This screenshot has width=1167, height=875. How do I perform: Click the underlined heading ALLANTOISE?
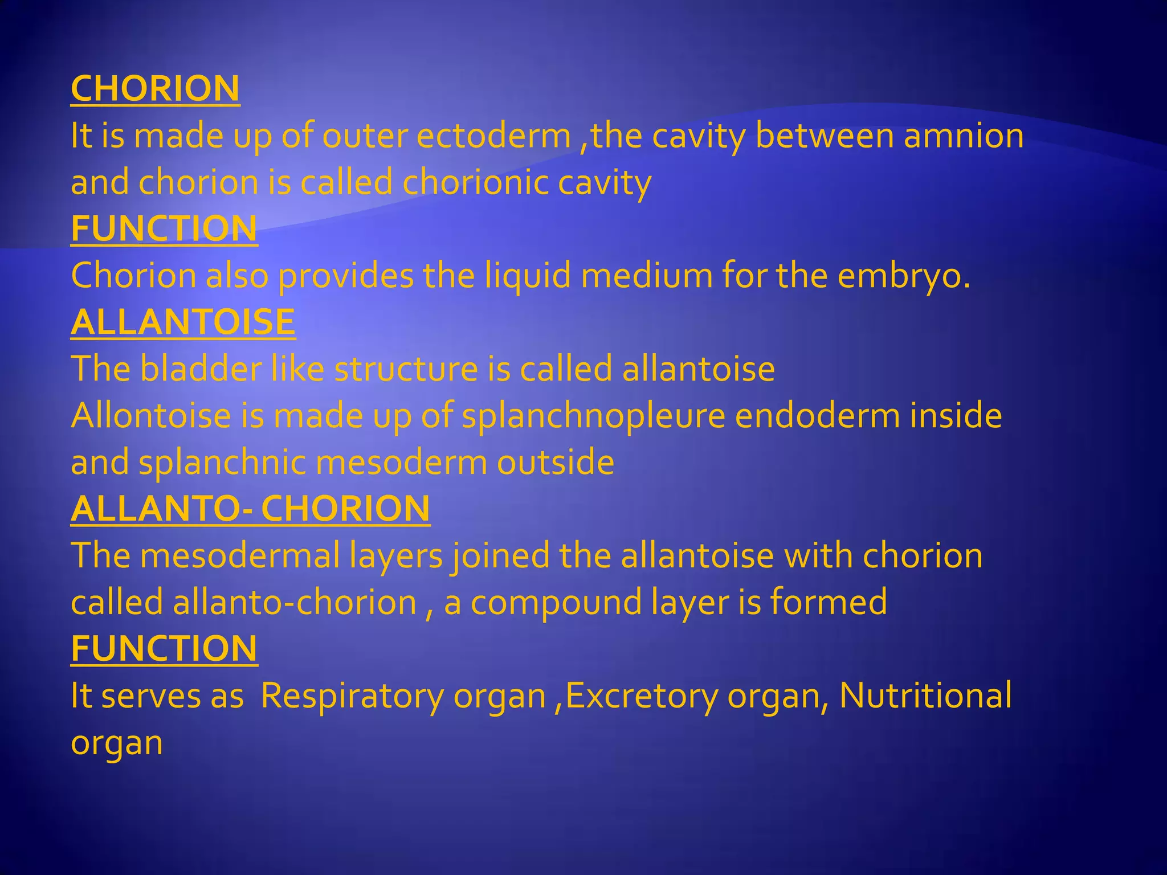[183, 322]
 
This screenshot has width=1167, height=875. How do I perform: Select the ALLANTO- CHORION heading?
[250, 509]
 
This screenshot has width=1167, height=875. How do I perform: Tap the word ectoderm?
[494, 137]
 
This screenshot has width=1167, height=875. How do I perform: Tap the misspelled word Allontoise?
[150, 416]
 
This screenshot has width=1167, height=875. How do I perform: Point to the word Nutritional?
[925, 696]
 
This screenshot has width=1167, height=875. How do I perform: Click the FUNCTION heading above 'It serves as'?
[164, 649]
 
